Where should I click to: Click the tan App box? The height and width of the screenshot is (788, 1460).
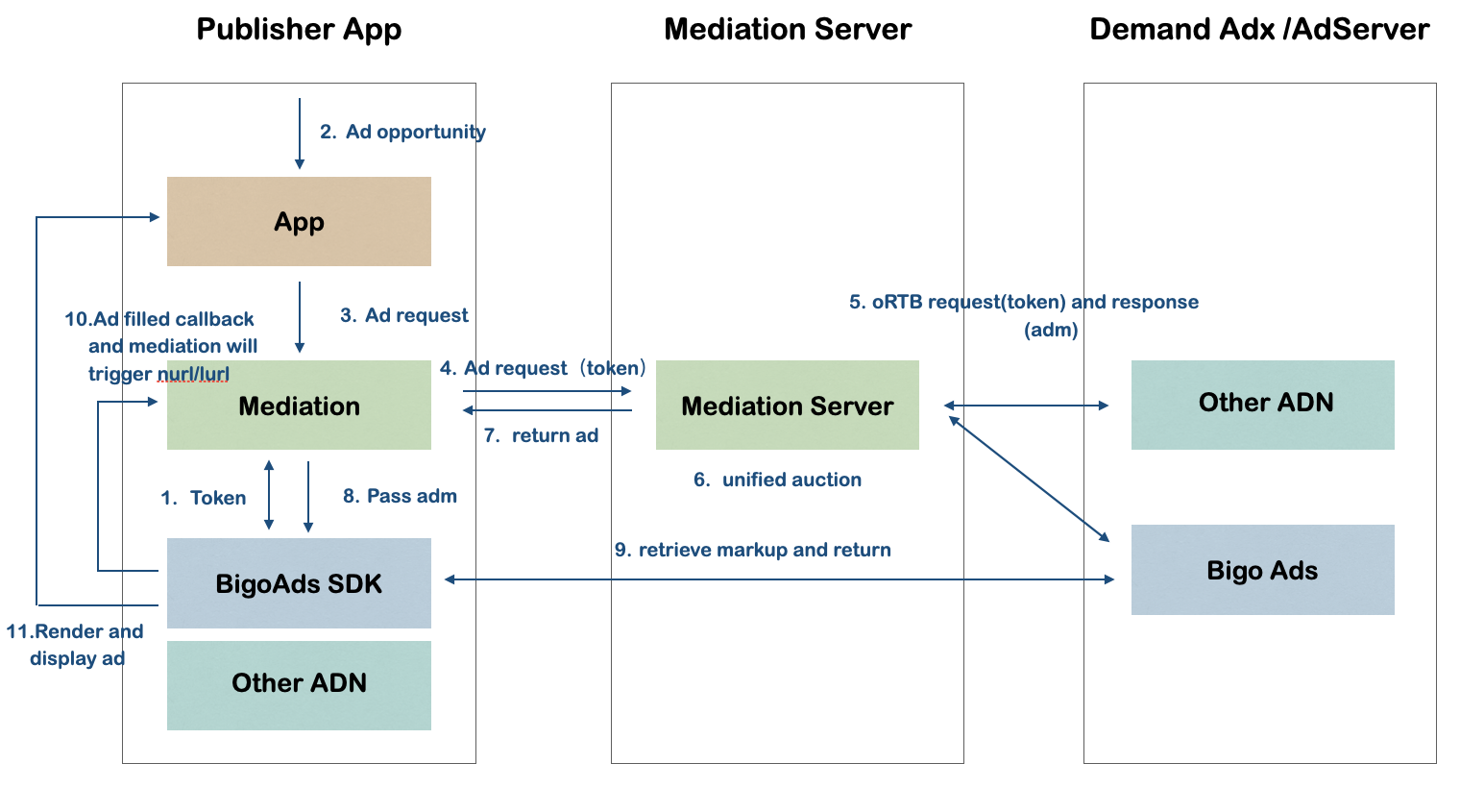[x=299, y=221]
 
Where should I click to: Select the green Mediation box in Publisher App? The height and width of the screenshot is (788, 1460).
[x=299, y=406]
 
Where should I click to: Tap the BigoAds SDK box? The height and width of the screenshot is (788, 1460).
[x=299, y=583]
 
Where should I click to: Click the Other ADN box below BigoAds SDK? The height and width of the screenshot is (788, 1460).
[x=299, y=684]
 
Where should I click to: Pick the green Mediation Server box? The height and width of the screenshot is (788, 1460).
[x=787, y=406]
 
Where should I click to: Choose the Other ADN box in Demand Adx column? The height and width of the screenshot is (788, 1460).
[x=1262, y=404]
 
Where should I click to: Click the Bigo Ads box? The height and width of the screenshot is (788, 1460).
[x=1262, y=570]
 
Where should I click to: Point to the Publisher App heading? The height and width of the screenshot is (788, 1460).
[x=299, y=30]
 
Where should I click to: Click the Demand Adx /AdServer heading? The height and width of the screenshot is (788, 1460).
[x=1259, y=30]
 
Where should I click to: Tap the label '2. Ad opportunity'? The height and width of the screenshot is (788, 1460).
[x=402, y=132]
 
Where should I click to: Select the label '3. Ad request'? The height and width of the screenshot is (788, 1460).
[x=404, y=315]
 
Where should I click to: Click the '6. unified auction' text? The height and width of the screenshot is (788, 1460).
[x=777, y=480]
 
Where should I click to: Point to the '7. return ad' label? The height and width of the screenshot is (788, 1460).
[x=541, y=435]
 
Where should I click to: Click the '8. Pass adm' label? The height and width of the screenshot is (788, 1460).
[x=400, y=496]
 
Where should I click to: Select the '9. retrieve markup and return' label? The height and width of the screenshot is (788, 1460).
[x=753, y=550]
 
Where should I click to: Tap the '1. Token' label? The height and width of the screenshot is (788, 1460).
[x=204, y=498]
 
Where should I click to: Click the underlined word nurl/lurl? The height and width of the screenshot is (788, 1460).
[x=193, y=374]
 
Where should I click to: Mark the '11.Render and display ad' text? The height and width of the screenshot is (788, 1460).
[x=75, y=645]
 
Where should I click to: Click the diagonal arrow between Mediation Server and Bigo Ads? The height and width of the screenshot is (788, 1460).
[x=1029, y=479]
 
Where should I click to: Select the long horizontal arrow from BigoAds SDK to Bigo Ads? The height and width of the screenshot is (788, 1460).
[x=778, y=579]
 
